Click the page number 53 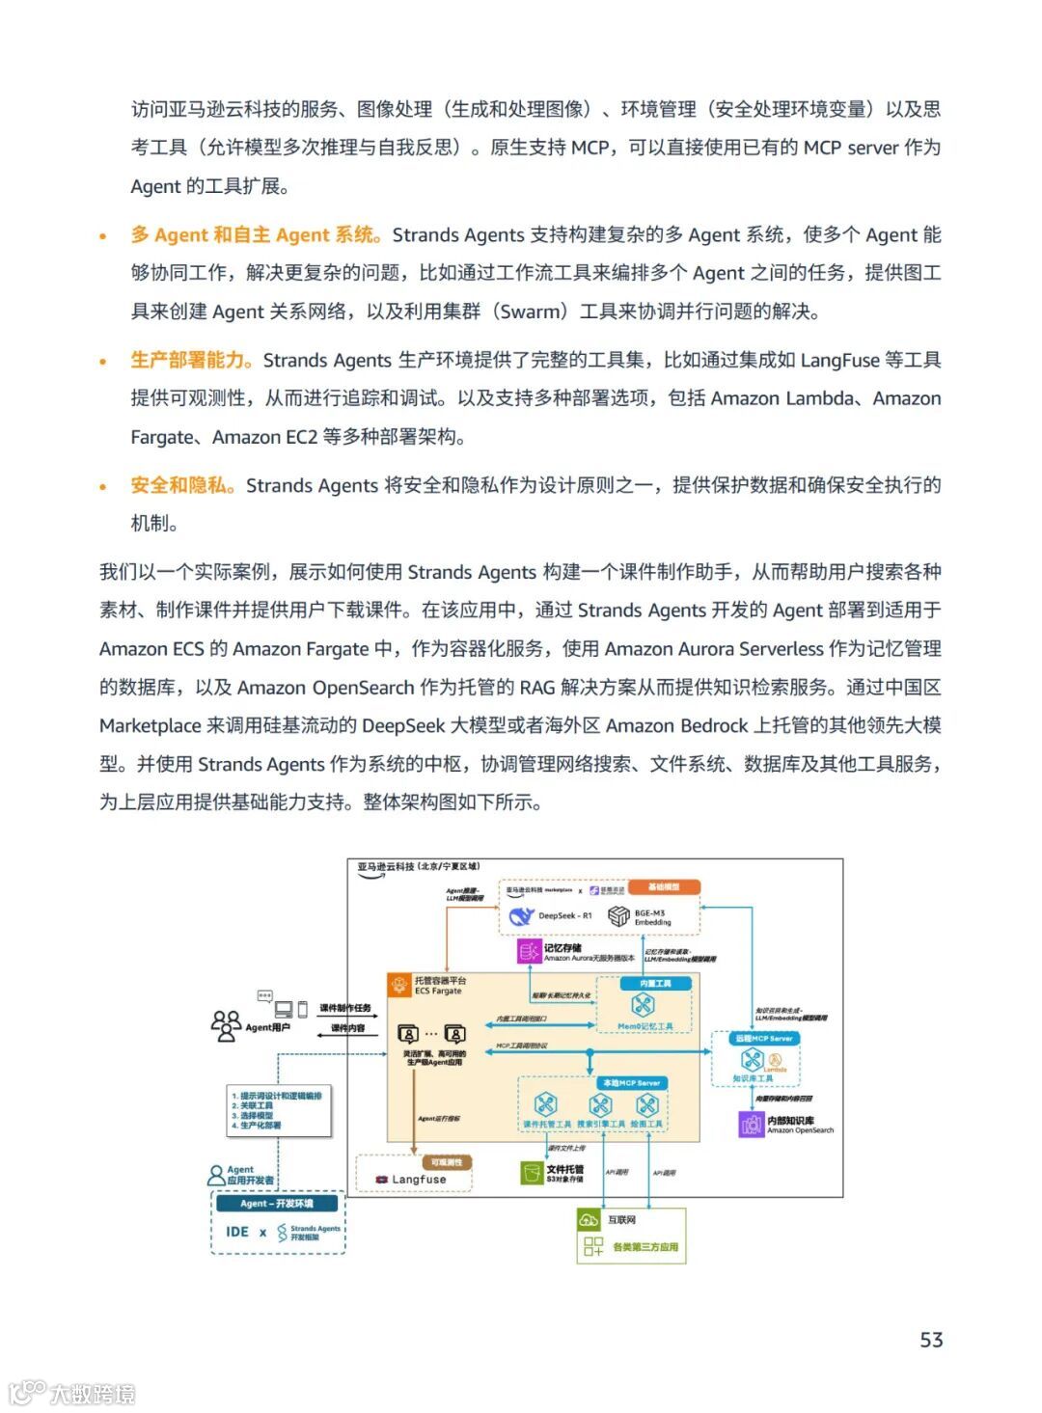pos(931,1339)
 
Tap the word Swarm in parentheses pos(533,312)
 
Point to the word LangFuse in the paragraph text pos(839,360)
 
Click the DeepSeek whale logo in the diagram pos(521,915)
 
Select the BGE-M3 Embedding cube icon pos(618,916)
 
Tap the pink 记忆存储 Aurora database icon pos(530,952)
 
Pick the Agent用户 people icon pos(226,1025)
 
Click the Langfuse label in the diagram pos(419,1179)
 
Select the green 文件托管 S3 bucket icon pos(532,1173)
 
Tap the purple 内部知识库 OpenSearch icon pos(752,1124)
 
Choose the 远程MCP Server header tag pos(763,1039)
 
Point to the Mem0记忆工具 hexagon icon pos(643,1006)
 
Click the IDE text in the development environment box pos(237,1232)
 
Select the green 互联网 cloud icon pos(589,1220)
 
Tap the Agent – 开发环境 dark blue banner pos(277,1204)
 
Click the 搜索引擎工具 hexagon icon pos(600,1104)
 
